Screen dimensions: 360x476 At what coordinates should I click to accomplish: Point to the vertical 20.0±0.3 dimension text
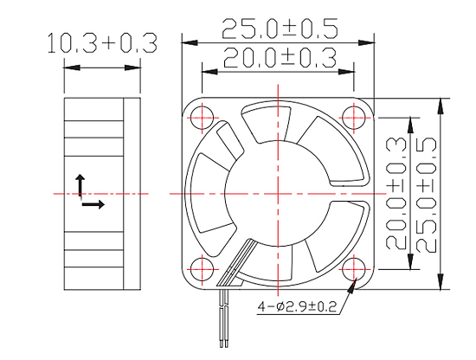click(x=396, y=194)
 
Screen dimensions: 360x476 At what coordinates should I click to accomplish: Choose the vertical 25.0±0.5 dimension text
click(x=426, y=194)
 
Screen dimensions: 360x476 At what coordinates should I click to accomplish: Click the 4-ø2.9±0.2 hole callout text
click(x=296, y=306)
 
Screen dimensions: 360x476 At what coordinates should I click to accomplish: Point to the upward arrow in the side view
click(x=80, y=183)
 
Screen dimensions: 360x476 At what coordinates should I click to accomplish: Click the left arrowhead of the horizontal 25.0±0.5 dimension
click(x=187, y=41)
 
